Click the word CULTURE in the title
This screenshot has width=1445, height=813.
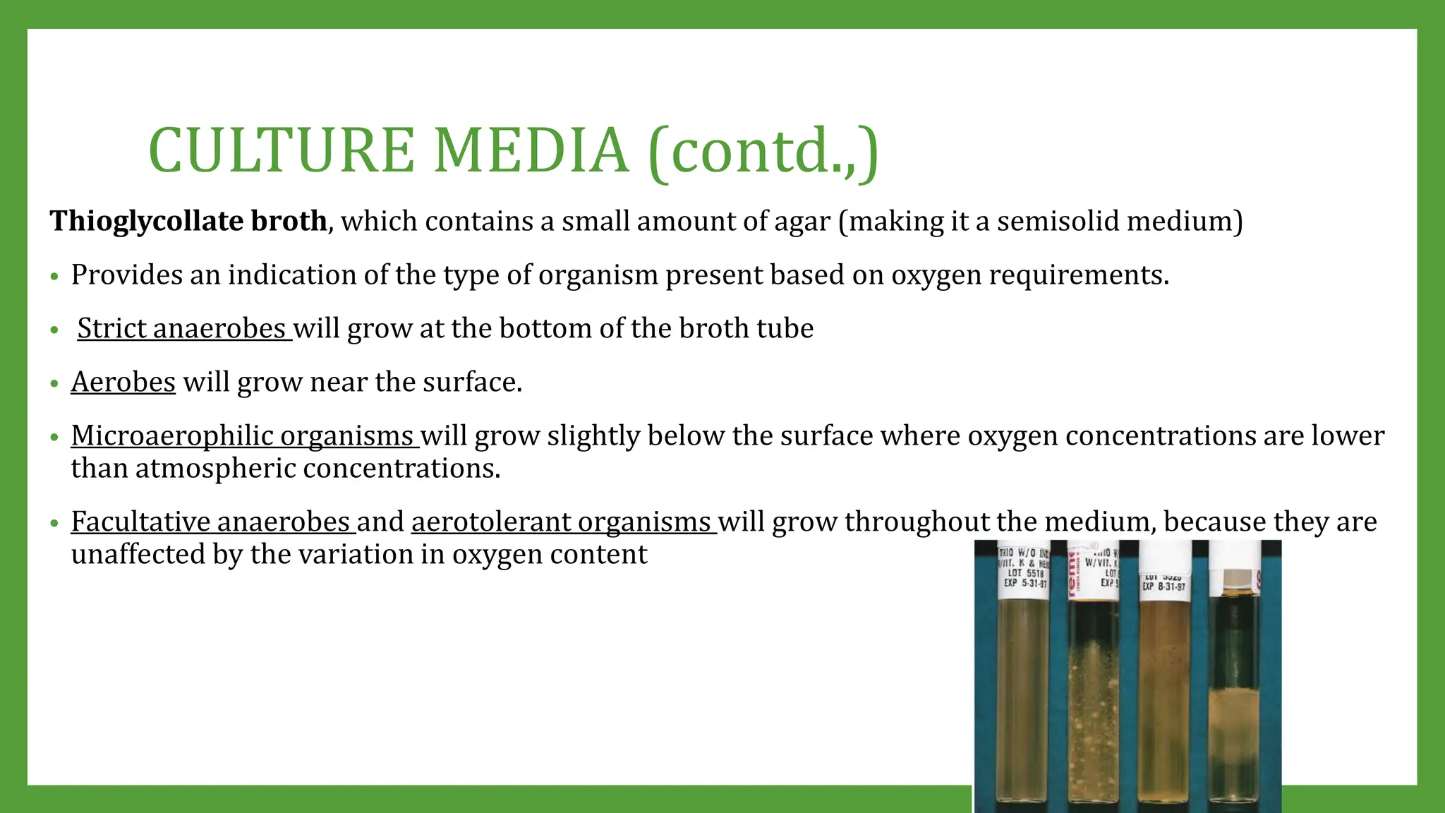point(282,150)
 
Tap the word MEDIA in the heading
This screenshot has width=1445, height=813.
point(531,150)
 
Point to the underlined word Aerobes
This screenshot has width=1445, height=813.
point(123,382)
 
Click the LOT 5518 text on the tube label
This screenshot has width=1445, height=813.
point(1025,573)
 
